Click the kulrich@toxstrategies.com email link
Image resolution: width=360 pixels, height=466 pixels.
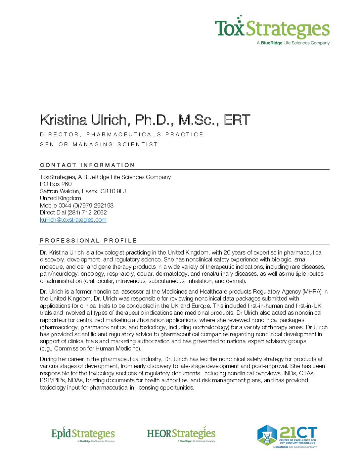coord(73,220)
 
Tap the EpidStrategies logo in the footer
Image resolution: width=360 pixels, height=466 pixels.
coord(83,434)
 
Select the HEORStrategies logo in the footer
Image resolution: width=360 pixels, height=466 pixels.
coord(181,434)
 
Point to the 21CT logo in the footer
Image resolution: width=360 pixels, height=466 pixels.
coord(287,436)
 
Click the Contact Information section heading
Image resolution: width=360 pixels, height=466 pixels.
coord(87,165)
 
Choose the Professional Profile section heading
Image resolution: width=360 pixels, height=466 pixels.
coord(88,241)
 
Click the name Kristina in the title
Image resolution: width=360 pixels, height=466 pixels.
coord(64,120)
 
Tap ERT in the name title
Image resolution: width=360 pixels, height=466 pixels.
coord(237,120)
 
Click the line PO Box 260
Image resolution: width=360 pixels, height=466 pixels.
coord(56,184)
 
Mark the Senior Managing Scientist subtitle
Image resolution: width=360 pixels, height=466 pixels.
coord(99,144)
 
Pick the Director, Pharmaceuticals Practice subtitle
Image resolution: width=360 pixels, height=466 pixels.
coord(121,134)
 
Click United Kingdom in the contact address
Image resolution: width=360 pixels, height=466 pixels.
coord(61,198)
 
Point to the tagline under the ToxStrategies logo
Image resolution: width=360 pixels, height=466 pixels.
coord(293,43)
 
